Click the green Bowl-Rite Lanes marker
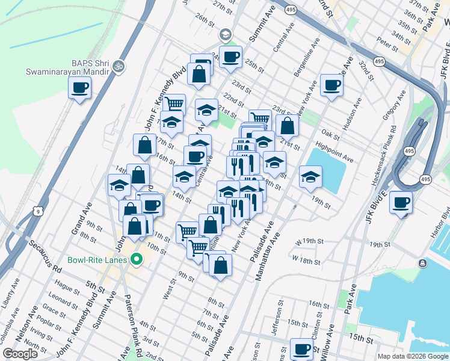point(137,260)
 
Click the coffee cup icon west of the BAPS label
point(79,89)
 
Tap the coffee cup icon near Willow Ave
point(301,348)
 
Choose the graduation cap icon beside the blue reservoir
point(310,177)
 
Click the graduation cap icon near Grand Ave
point(119,185)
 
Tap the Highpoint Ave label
point(334,152)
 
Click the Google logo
point(20,354)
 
